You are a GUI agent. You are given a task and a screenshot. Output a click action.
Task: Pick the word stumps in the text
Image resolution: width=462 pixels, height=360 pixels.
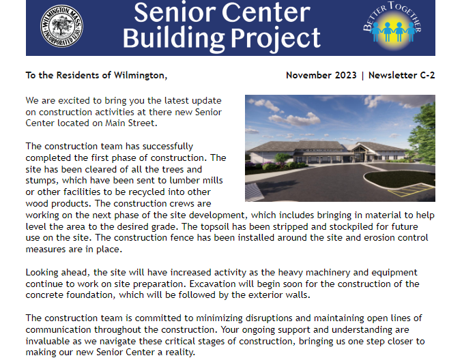(40, 181)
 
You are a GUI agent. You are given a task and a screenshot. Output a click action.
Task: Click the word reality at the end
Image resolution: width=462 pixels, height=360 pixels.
(177, 353)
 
